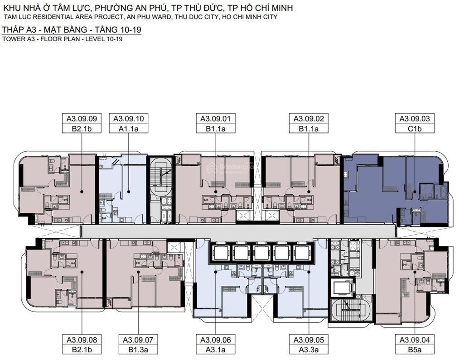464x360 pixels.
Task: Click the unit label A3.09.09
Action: pos(82,119)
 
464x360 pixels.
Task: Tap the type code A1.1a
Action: pos(128,129)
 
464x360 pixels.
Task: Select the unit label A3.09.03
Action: pos(415,119)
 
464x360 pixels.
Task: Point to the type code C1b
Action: pos(415,129)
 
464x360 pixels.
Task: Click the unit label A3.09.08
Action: pos(82,340)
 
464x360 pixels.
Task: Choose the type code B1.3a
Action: pos(138,350)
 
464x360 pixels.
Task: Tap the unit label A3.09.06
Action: pos(216,340)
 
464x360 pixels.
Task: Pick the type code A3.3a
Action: pos(309,350)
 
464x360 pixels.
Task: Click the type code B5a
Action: pos(415,350)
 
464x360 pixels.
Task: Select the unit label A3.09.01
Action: pos(216,119)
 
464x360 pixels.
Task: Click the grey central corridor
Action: pos(238,230)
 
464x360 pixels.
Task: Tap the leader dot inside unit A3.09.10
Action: pos(129,192)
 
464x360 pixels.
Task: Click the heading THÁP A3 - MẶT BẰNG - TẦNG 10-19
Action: pos(71,29)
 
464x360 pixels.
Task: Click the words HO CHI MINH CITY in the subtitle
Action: pos(250,17)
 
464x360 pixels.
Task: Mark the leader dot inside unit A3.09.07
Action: pos(138,272)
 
